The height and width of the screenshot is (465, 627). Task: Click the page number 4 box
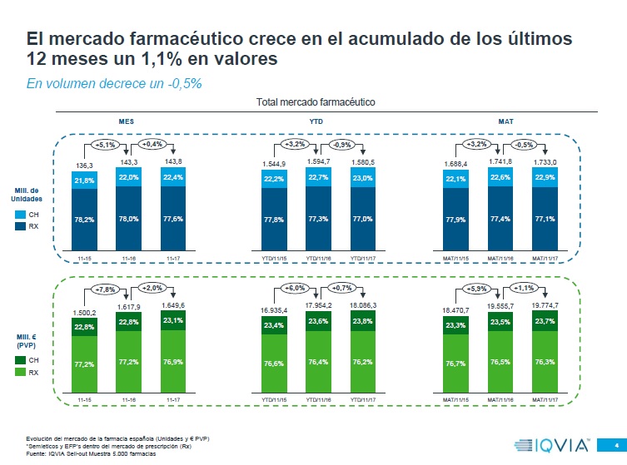pyautogui.click(x=614, y=443)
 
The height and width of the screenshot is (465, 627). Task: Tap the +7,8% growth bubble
pyautogui.click(x=104, y=289)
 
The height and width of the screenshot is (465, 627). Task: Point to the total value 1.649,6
pyautogui.click(x=173, y=306)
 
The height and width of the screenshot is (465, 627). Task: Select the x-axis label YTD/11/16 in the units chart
pyautogui.click(x=319, y=259)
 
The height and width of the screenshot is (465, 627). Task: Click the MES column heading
pyautogui.click(x=127, y=121)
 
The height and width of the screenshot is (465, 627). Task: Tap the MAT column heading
pyautogui.click(x=505, y=121)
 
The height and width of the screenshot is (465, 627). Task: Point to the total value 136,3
pyautogui.click(x=84, y=166)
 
